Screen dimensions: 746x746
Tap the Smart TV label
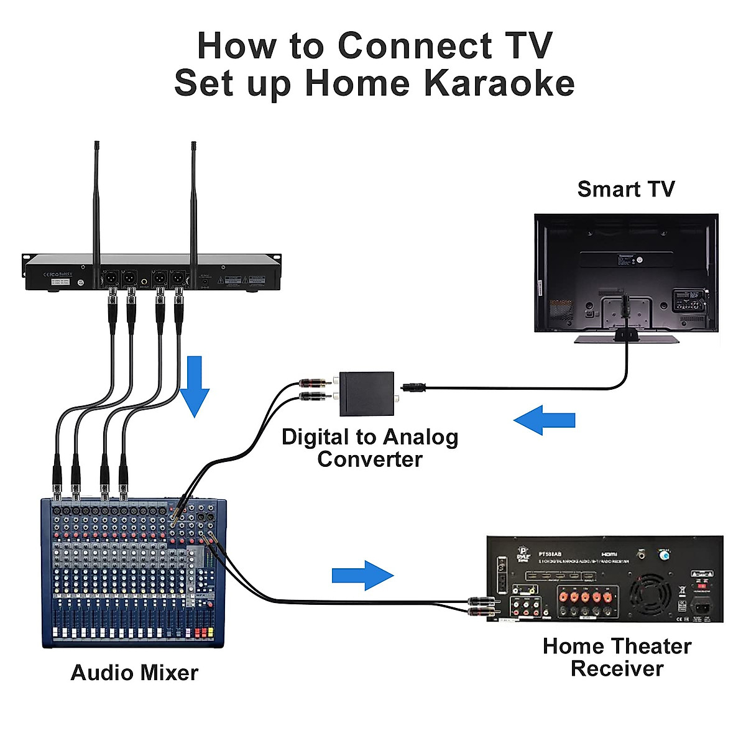pyautogui.click(x=625, y=189)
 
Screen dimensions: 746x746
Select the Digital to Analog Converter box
pyautogui.click(x=367, y=394)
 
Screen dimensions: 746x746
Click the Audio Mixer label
pyautogui.click(x=134, y=673)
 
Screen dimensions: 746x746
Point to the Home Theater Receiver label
pyautogui.click(x=617, y=657)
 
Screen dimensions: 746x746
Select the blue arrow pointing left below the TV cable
pyautogui.click(x=545, y=420)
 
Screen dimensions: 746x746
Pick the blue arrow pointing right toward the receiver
pyautogui.click(x=362, y=575)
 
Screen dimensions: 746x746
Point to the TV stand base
pyautogui.click(x=626, y=339)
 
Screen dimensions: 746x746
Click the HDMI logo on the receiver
pyautogui.click(x=609, y=553)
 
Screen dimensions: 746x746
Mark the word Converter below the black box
pyautogui.click(x=370, y=459)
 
